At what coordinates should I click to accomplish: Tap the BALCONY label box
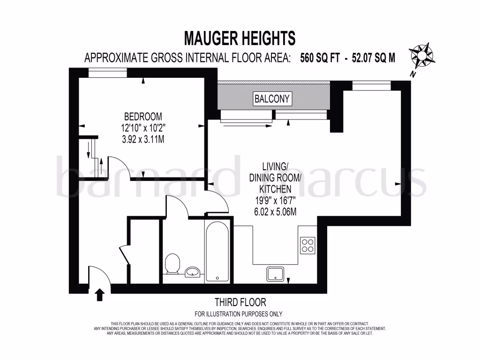click(272, 99)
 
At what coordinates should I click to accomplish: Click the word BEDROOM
click(143, 116)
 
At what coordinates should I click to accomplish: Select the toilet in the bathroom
click(173, 263)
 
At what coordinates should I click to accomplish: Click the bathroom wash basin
click(193, 271)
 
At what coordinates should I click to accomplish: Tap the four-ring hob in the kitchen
click(307, 245)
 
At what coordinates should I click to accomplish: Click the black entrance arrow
click(99, 295)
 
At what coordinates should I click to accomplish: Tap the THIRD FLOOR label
click(240, 302)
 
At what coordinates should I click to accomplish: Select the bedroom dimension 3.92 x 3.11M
click(143, 139)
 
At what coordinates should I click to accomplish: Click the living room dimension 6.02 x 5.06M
click(276, 211)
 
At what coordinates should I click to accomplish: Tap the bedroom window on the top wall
click(108, 72)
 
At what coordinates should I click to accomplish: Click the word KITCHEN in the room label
click(276, 189)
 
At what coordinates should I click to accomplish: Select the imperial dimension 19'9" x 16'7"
click(276, 200)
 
